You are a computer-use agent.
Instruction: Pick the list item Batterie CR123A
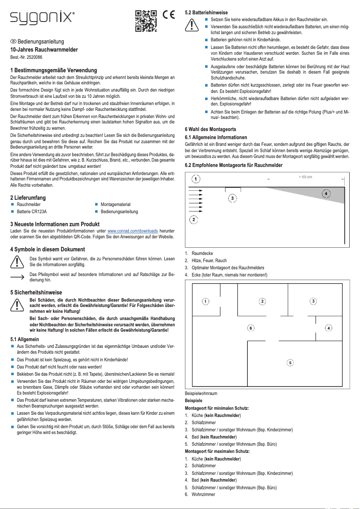(x=31, y=211)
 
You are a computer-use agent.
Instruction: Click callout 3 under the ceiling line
(x=232, y=197)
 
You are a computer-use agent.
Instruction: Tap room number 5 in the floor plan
(x=290, y=362)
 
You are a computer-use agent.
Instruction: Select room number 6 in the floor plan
(x=250, y=328)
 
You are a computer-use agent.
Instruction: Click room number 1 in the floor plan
(x=204, y=301)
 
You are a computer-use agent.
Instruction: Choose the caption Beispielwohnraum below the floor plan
(x=201, y=393)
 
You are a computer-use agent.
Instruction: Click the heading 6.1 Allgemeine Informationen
(x=216, y=137)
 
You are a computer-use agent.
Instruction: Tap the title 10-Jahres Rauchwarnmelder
(x=44, y=50)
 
